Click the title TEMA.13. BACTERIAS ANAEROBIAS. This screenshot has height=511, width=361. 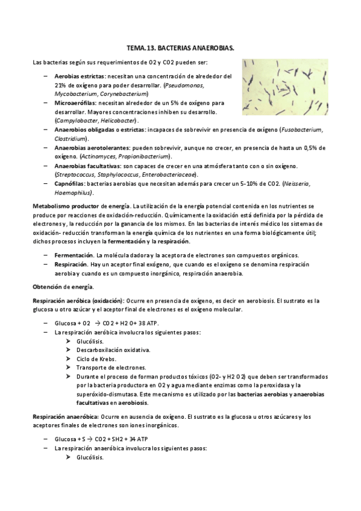(x=180, y=46)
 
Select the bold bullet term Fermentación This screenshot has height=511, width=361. (x=74, y=255)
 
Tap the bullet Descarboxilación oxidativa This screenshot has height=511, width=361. (x=113, y=350)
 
